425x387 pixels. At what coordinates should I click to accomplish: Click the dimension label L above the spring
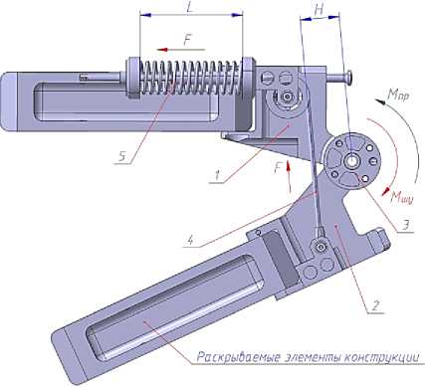(x=189, y=8)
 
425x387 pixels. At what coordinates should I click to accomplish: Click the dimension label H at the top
(x=318, y=11)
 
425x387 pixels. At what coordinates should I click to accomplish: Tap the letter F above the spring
(x=188, y=41)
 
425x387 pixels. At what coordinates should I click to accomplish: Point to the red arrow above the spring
(x=181, y=50)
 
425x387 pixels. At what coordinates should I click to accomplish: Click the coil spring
(x=190, y=78)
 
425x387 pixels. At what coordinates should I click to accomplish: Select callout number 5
(x=122, y=157)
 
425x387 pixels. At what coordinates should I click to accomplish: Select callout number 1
(x=217, y=175)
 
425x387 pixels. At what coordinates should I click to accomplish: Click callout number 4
(x=190, y=240)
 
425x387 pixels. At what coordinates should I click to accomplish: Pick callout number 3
(x=405, y=225)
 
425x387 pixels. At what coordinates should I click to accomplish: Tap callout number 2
(x=374, y=305)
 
